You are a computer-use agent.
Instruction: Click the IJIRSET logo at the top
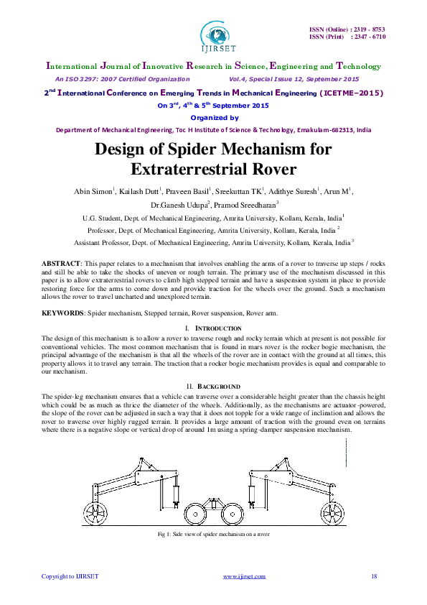[213, 33]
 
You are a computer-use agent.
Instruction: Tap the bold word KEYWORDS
[62, 313]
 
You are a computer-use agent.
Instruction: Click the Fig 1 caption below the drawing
[213, 535]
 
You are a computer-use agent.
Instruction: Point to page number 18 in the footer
[374, 576]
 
